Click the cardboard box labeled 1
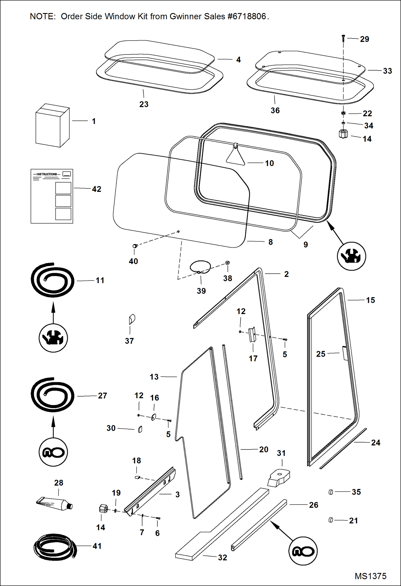point(52,126)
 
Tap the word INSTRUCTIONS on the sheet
point(47,174)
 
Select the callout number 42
point(97,189)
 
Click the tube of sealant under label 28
point(55,504)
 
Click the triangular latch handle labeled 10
point(236,157)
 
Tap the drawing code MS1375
point(370,576)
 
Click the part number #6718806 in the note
point(247,17)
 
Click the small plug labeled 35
point(331,492)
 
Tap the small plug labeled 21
point(331,520)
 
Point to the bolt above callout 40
point(135,246)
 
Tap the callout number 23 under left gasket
point(144,104)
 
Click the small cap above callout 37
point(132,319)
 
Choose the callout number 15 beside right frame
point(370,300)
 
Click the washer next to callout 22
point(343,113)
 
